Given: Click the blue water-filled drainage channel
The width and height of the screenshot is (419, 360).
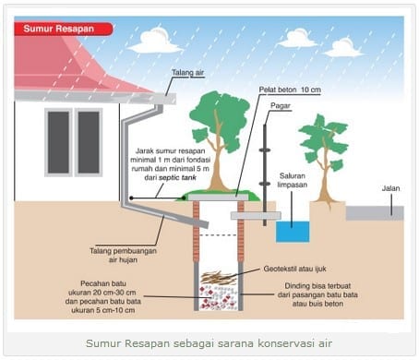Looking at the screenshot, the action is coord(293,230).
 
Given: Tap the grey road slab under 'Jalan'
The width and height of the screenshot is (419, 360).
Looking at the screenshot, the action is coord(374,212).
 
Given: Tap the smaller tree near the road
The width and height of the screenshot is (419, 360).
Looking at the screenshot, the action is coord(324,148).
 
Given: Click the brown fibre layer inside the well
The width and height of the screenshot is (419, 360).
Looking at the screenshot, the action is coord(219,276).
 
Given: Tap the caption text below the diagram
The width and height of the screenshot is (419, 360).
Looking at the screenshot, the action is coord(209,343).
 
